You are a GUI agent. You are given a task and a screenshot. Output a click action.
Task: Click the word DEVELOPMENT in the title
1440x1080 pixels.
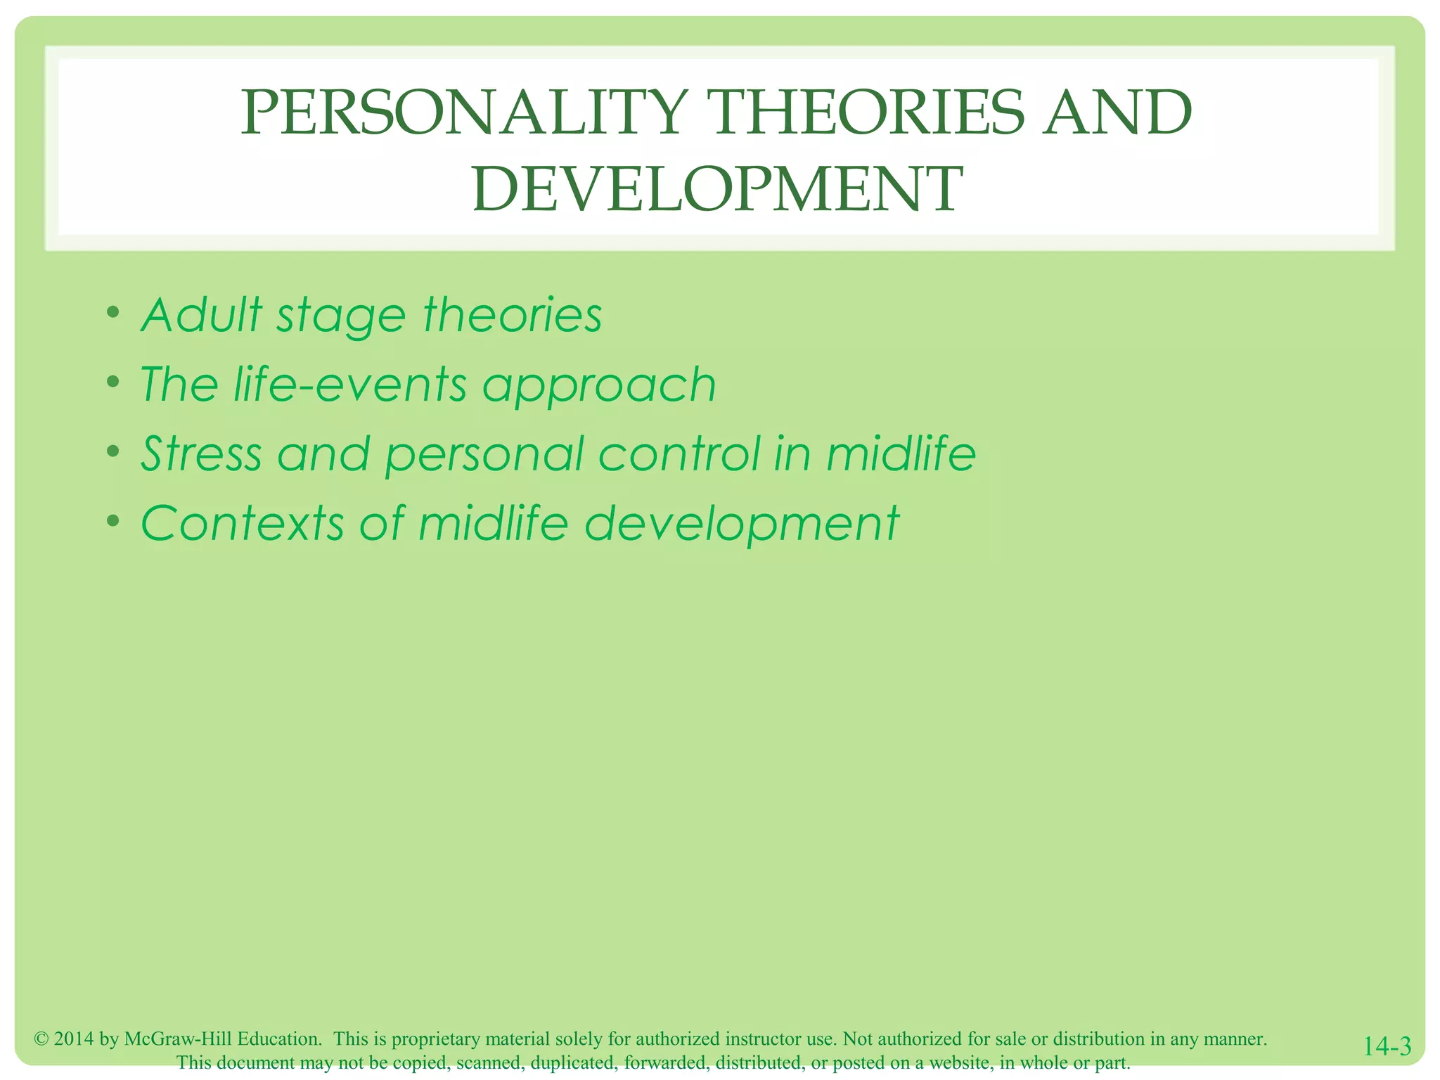[x=717, y=189]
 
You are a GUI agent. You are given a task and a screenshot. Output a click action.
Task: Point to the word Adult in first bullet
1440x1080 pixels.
[x=201, y=314]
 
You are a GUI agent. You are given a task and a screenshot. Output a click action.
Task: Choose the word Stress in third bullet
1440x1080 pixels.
[x=201, y=454]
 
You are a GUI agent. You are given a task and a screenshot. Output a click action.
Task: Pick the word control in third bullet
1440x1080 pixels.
[x=679, y=454]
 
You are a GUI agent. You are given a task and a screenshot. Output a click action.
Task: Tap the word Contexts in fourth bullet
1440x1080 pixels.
[x=243, y=523]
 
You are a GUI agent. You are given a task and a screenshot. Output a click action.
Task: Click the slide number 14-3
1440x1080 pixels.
[x=1387, y=1046]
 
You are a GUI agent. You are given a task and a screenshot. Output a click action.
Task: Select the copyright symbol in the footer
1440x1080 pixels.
[x=41, y=1039]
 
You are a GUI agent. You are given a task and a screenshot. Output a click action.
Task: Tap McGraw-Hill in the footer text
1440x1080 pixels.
[x=178, y=1039]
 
